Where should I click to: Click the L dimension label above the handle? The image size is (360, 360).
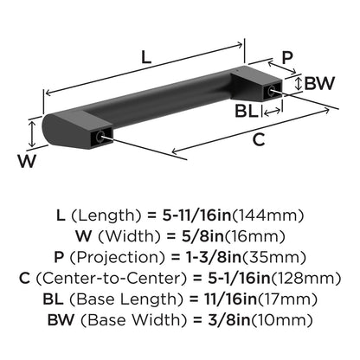146,57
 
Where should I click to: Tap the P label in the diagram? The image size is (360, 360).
287,57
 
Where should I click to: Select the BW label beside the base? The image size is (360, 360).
319,83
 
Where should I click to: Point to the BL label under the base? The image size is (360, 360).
247,111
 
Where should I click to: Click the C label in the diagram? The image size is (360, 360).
259,139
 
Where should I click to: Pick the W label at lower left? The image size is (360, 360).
27,161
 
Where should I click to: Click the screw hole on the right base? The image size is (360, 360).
272,90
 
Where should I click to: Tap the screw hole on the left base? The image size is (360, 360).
100,136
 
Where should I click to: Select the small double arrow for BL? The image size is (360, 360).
272,112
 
